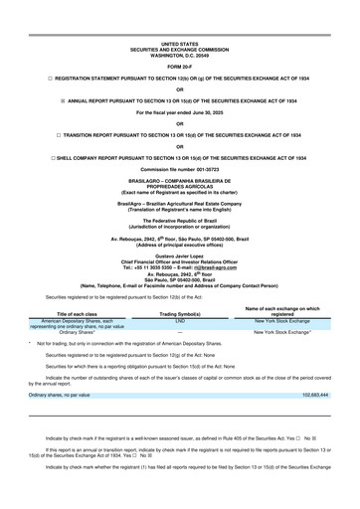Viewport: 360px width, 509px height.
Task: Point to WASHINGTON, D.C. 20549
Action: (180, 27)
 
